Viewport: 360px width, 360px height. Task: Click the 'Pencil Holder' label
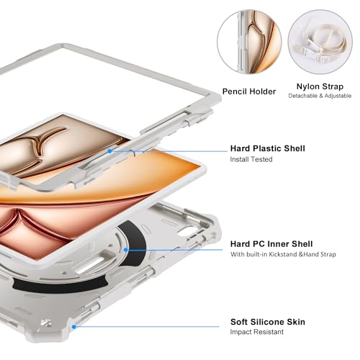click(249, 91)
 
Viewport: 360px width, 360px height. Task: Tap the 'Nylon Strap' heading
click(320, 86)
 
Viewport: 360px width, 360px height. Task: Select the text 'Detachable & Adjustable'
click(320, 96)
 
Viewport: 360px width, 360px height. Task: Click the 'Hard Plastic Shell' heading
click(268, 148)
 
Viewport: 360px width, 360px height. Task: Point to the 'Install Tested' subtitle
click(251, 159)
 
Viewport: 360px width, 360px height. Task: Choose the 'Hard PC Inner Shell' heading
click(271, 244)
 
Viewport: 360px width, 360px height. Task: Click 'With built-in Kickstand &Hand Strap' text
click(283, 254)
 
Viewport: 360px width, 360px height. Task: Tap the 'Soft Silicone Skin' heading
click(268, 322)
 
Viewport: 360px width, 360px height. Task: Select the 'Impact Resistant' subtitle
click(256, 332)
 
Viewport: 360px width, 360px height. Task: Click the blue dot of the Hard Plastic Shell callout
click(109, 151)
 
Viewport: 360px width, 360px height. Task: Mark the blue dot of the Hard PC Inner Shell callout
click(125, 250)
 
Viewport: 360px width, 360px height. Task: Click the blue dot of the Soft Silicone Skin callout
click(74, 327)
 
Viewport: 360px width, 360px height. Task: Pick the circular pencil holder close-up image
click(250, 42)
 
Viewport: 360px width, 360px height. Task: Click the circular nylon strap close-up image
click(320, 42)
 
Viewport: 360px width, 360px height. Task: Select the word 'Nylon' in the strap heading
click(308, 86)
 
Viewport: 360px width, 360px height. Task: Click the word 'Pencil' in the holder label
click(234, 91)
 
